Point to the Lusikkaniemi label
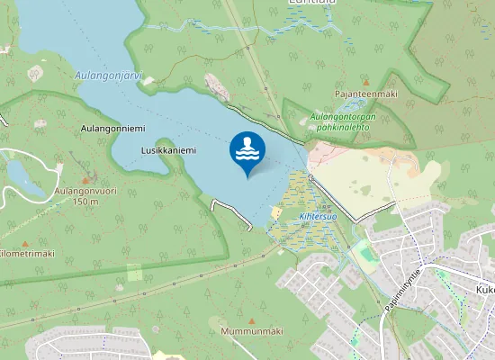[x=168, y=150]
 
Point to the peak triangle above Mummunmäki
[x=250, y=320]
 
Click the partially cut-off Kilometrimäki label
[x=25, y=254]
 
